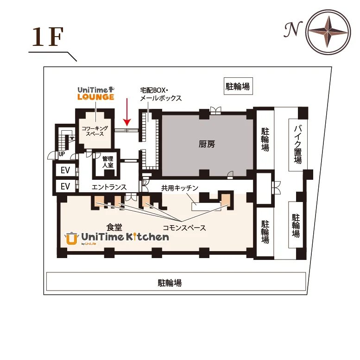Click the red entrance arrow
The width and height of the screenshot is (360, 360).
127,112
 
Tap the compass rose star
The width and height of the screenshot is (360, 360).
328,32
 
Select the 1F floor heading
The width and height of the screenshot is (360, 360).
48,37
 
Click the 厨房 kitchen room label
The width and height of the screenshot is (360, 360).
207,144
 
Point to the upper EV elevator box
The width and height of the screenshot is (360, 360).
65,170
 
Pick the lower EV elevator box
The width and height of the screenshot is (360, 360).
65,186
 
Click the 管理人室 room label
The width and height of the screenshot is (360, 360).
107,162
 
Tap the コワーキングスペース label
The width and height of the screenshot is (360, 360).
95,131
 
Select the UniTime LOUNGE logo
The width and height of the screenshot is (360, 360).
96,94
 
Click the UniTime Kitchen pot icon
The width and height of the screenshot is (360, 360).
71,238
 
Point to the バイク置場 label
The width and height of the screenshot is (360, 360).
298,145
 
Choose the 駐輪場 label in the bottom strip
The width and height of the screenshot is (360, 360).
170,283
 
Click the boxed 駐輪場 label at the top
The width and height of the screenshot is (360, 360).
238,86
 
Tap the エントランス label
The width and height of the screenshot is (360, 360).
109,187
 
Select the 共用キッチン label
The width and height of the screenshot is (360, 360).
180,188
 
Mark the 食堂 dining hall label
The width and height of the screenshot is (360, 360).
114,227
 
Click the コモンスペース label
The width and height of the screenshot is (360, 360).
184,228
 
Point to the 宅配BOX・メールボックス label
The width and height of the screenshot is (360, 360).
161,94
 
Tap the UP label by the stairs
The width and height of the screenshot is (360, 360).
62,154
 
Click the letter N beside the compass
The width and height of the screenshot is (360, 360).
293,29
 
